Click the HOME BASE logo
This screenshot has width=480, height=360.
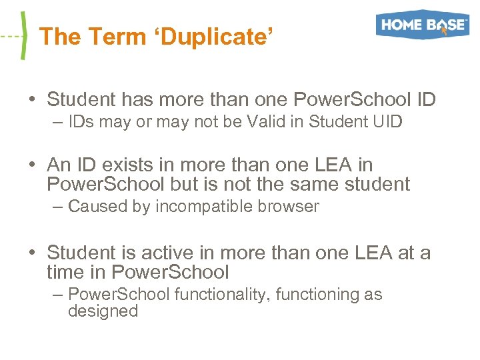click(x=423, y=25)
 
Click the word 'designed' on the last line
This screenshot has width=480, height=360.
click(x=103, y=311)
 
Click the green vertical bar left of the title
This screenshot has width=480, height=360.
click(x=25, y=36)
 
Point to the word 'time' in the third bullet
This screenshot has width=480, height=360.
click(x=65, y=272)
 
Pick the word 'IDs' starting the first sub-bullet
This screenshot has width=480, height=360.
click(x=79, y=121)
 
